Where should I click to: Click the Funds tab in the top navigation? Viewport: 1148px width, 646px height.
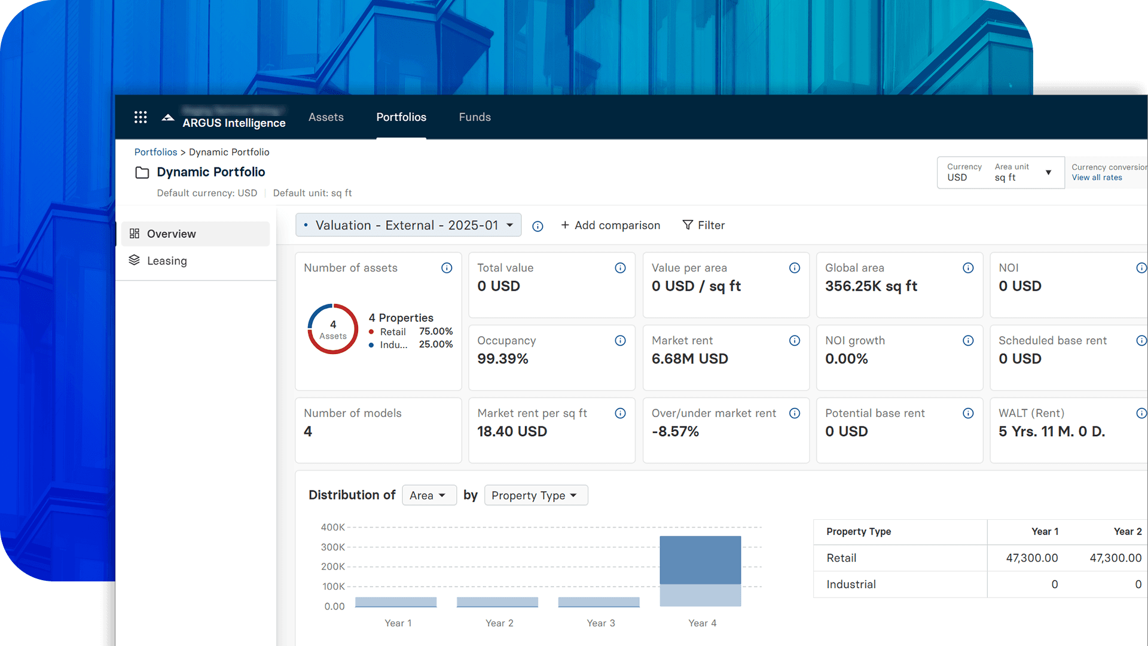point(475,117)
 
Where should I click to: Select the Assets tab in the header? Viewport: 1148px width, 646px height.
point(326,117)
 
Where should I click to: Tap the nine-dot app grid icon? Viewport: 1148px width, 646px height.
point(141,117)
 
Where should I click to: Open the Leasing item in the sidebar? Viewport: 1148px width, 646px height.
point(167,261)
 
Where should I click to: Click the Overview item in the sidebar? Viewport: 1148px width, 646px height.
point(171,234)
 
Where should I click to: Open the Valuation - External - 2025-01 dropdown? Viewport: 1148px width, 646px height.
point(408,226)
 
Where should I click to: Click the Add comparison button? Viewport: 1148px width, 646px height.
point(610,226)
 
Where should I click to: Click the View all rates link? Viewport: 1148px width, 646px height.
point(1097,178)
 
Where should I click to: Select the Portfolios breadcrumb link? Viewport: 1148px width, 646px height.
point(155,152)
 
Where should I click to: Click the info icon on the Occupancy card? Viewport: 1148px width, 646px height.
point(620,341)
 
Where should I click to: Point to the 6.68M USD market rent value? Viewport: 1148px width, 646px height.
point(689,359)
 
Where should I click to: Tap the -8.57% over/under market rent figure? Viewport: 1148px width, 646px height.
point(675,432)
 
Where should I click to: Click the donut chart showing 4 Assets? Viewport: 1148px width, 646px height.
point(332,329)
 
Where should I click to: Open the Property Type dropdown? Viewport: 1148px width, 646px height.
point(535,495)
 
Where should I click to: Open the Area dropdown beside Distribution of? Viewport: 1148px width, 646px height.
point(428,495)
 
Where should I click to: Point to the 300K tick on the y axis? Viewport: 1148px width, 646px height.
point(333,547)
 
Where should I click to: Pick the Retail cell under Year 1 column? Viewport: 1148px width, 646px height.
point(1031,558)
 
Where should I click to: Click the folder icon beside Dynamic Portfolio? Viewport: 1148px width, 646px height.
point(142,173)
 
